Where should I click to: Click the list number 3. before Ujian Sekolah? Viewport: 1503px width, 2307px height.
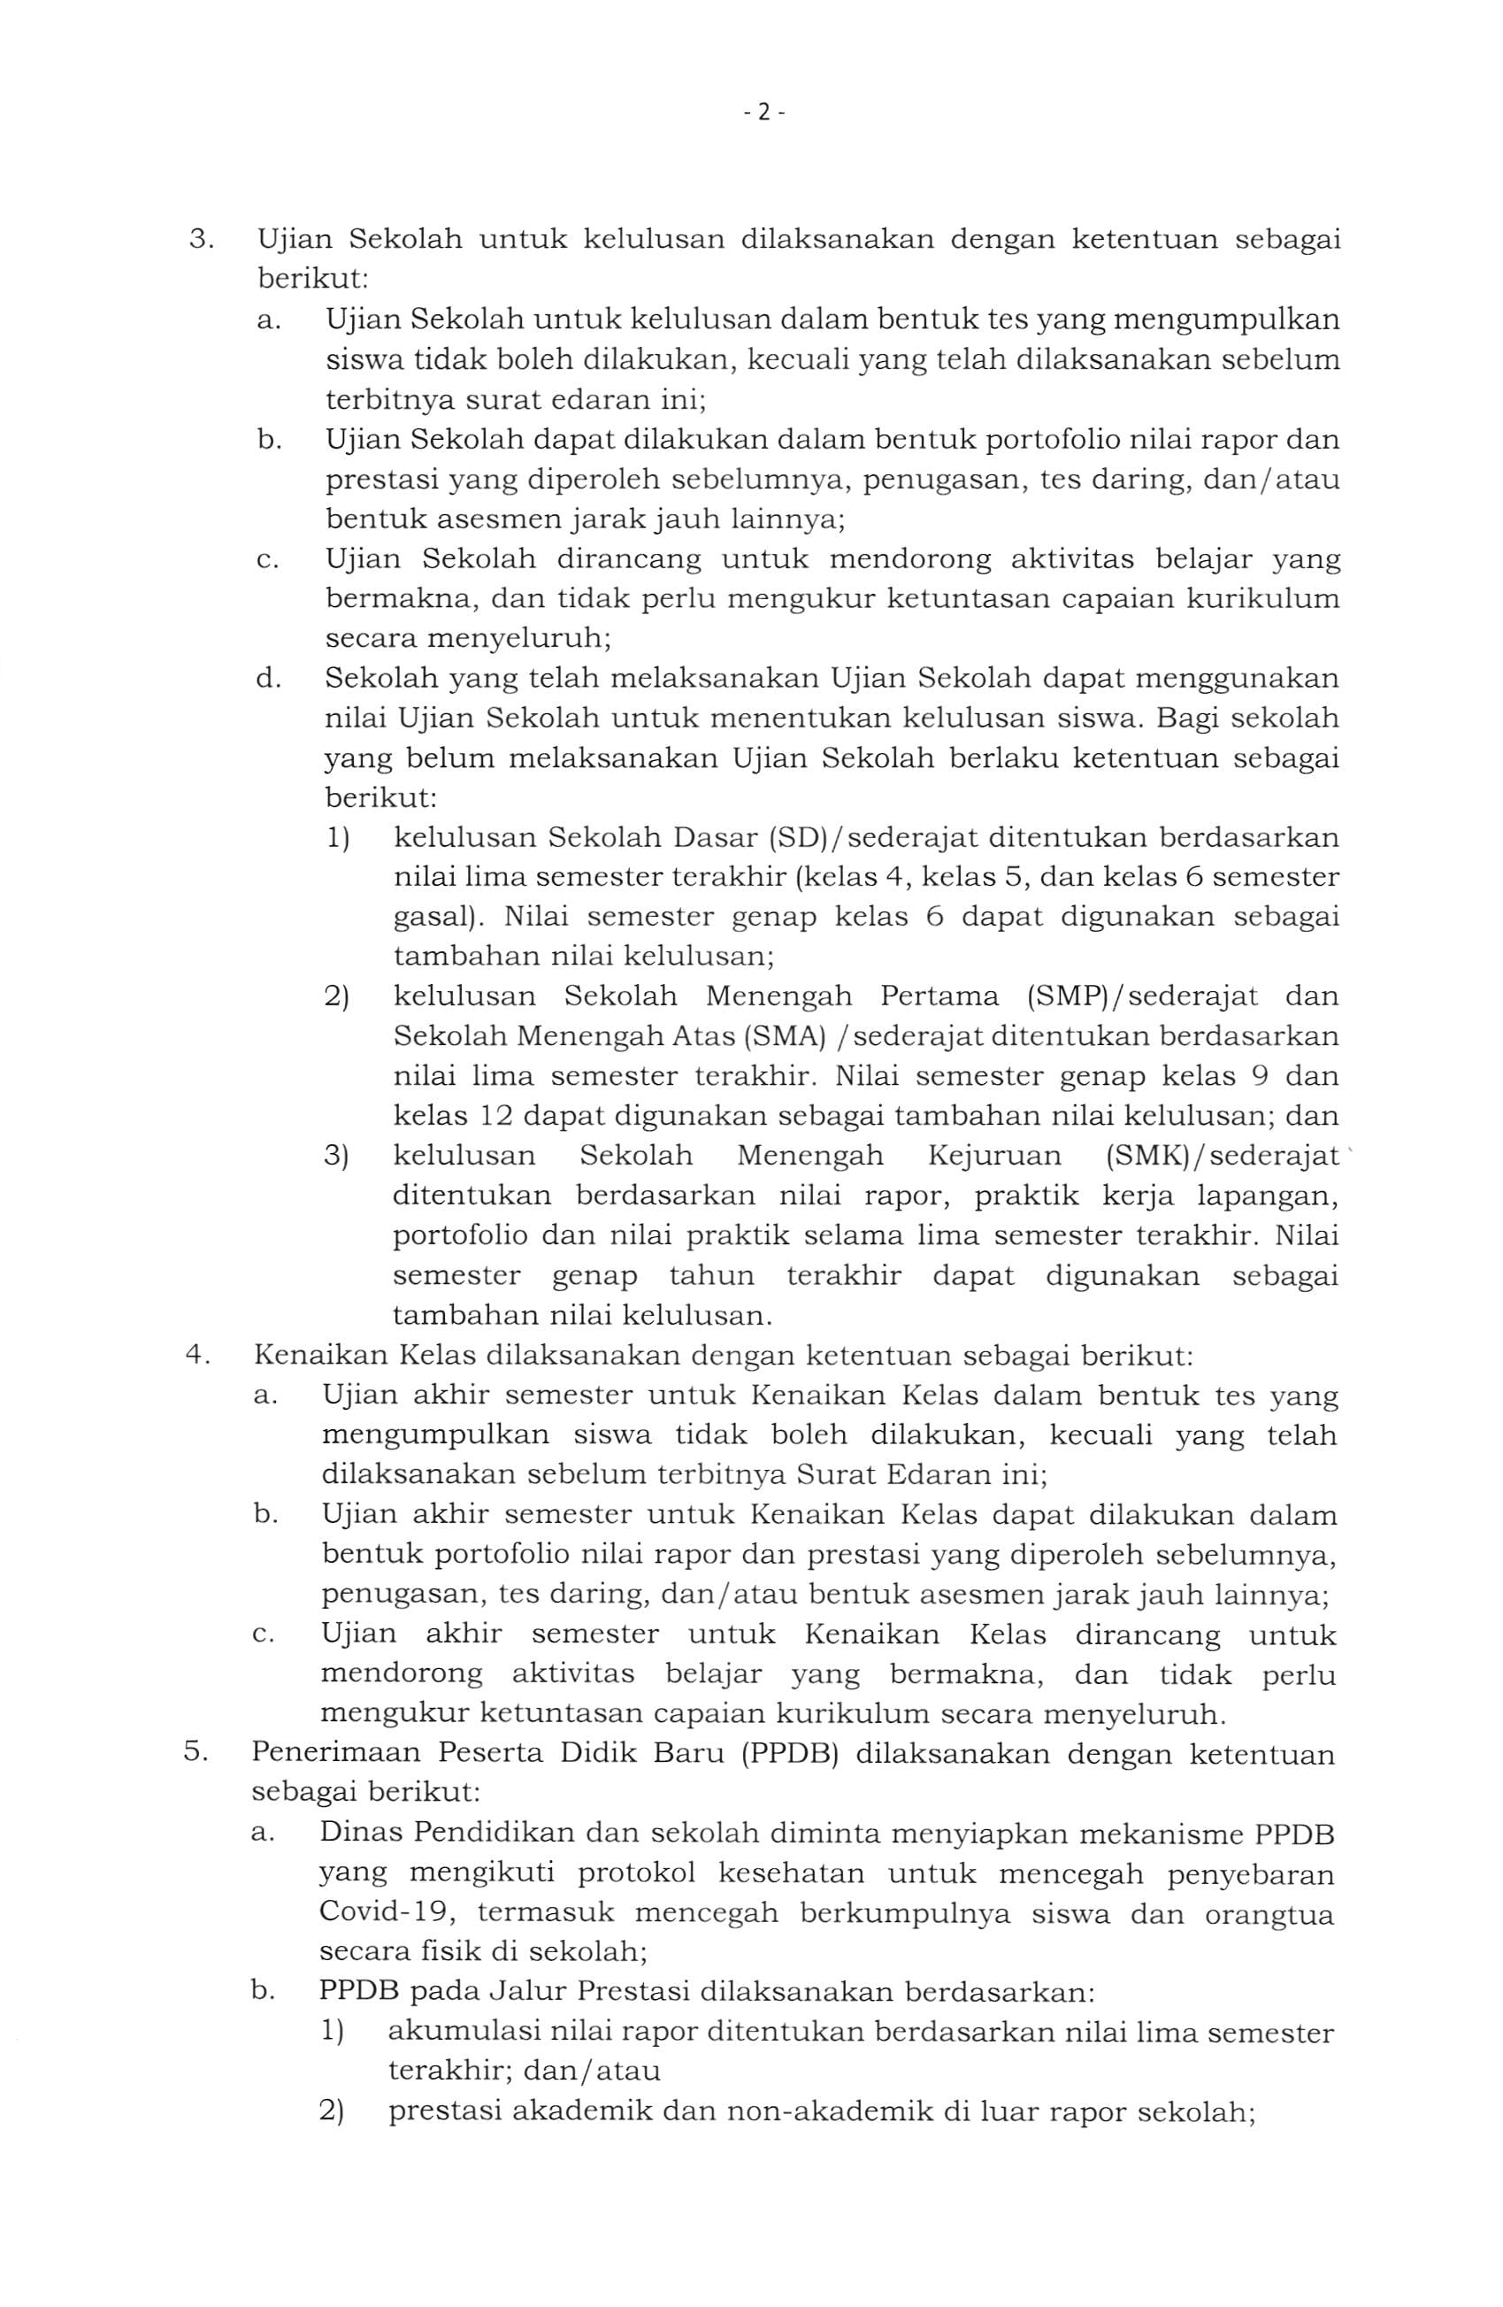tap(200, 240)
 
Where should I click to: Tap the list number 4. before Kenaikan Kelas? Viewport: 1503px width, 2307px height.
tap(196, 1354)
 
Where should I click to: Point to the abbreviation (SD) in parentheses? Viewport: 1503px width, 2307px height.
tap(800, 836)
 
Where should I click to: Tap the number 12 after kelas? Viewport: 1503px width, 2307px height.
tap(495, 1116)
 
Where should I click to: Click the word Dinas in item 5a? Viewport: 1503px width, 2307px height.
tap(357, 1833)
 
